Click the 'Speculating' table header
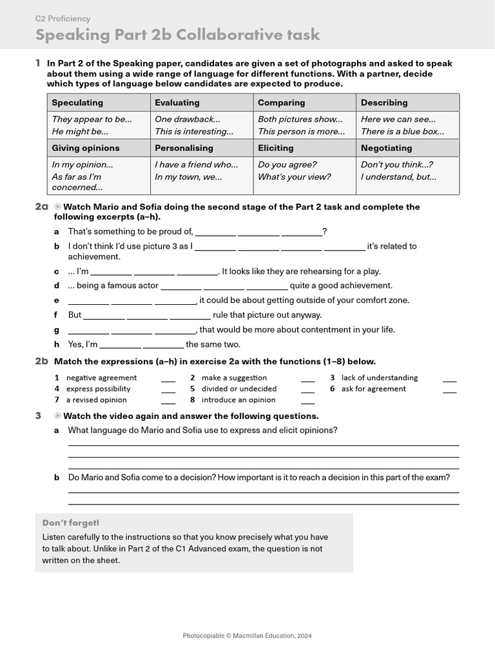click(x=77, y=102)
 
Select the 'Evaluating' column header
click(x=177, y=102)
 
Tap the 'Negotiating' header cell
click(x=386, y=148)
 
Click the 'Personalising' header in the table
click(x=184, y=148)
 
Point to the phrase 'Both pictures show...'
click(x=300, y=119)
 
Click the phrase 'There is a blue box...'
click(x=402, y=131)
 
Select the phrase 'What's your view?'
click(x=294, y=177)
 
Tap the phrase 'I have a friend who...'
click(x=196, y=164)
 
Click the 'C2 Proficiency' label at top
click(x=63, y=19)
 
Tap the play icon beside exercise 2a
click(x=58, y=207)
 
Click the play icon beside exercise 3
click(x=58, y=416)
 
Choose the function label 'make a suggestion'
click(x=234, y=378)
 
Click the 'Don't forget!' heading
click(x=71, y=523)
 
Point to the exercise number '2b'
click(x=41, y=362)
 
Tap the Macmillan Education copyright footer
click(x=247, y=636)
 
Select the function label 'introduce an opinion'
click(x=238, y=400)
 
